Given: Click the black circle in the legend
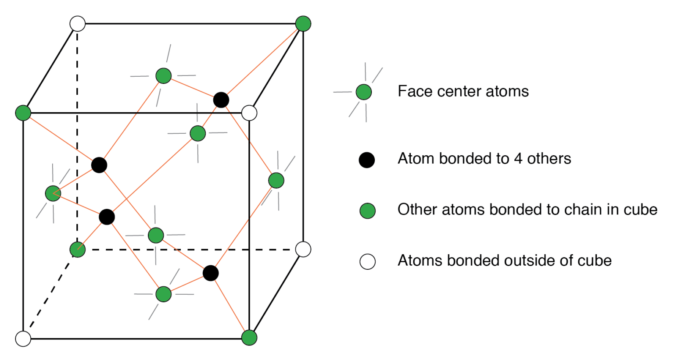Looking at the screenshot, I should [x=366, y=160].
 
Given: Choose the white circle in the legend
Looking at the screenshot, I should [x=367, y=261].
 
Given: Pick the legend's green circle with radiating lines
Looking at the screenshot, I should [x=363, y=92].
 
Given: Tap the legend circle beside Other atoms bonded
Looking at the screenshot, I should [x=367, y=211].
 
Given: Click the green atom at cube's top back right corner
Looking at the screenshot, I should [x=303, y=24].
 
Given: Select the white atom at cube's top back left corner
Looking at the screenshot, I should [x=78, y=24].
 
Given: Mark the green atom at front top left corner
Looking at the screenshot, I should [x=23, y=113].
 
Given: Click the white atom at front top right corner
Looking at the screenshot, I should [x=249, y=113].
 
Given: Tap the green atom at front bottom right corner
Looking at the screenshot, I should [x=249, y=338].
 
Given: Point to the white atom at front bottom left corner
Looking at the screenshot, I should [x=23, y=339].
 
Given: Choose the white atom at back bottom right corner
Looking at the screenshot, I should [x=303, y=249].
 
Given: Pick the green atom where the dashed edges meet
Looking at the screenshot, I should [x=78, y=250].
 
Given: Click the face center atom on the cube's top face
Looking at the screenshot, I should [x=164, y=76].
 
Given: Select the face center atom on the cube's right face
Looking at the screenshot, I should [x=276, y=180].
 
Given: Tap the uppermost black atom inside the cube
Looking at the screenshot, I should [x=221, y=100].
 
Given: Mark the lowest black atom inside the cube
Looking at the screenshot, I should [x=211, y=273].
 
